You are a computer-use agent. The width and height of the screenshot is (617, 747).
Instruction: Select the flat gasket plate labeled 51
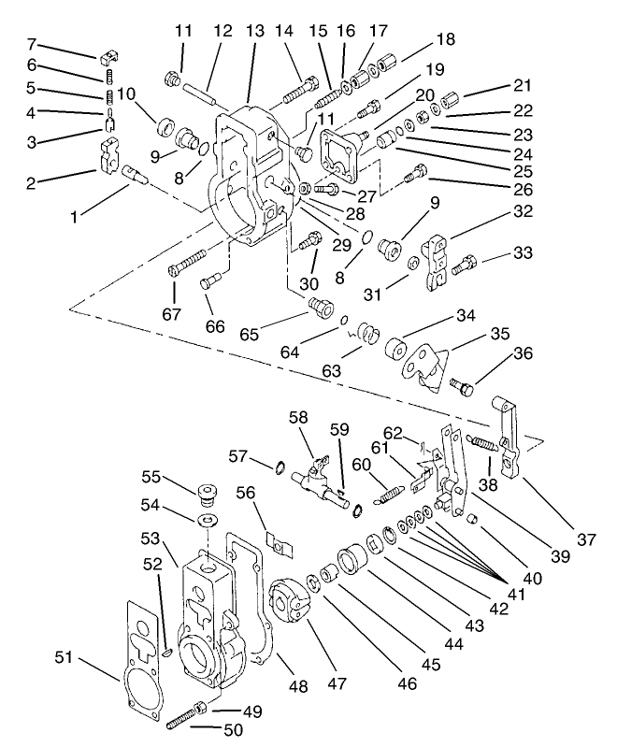pyautogui.click(x=145, y=645)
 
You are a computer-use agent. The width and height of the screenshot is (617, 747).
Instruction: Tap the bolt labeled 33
pyautogui.click(x=465, y=268)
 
